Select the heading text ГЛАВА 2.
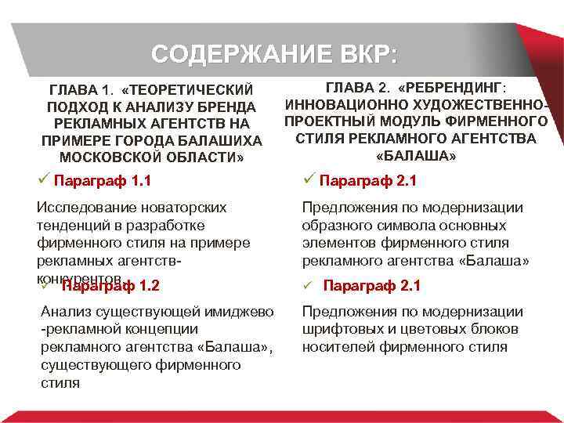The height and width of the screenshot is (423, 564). pyautogui.click(x=356, y=86)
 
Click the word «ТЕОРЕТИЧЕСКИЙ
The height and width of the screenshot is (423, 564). pyautogui.click(x=188, y=89)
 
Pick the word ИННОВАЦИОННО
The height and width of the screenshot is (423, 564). pyautogui.click(x=339, y=103)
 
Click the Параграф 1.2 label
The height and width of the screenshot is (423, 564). pyautogui.click(x=110, y=285)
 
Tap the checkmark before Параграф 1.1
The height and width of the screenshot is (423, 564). pyautogui.click(x=44, y=181)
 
